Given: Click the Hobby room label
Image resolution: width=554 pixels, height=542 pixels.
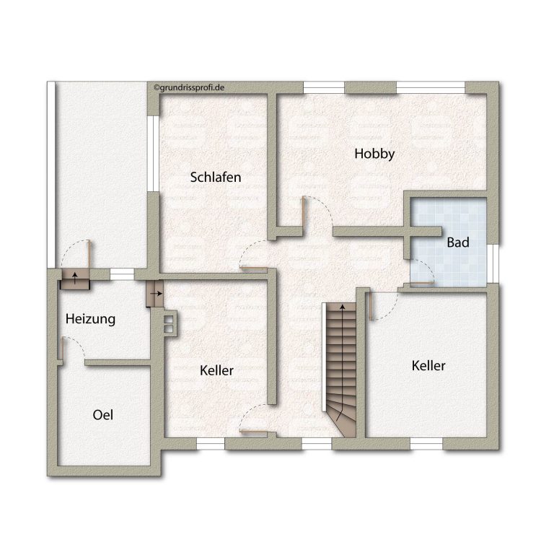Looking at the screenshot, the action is tap(374, 154).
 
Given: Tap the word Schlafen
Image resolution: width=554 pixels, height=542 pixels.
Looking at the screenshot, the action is tap(216, 177).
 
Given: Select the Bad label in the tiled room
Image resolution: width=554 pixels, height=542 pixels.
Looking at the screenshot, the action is tap(458, 242).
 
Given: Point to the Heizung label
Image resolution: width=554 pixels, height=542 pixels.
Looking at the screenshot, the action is tap(90, 319).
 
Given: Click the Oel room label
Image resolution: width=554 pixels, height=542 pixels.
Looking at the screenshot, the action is tap(103, 415).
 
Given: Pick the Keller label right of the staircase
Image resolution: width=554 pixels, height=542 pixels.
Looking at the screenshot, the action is tap(428, 366).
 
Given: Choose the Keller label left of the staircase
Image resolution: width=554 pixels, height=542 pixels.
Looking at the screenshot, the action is tap(216, 370).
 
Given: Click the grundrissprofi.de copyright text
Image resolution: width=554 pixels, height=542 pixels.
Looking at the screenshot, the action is tap(189, 87).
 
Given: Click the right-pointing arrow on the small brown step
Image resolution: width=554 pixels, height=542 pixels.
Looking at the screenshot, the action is tap(156, 294).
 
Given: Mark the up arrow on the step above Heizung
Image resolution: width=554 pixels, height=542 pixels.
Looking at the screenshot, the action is tap(75, 278).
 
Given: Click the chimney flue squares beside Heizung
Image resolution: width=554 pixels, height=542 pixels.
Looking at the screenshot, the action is tap(169, 324).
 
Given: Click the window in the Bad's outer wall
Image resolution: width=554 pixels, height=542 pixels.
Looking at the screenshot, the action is tap(493, 263).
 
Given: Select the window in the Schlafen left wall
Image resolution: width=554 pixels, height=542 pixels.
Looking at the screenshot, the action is tap(154, 154).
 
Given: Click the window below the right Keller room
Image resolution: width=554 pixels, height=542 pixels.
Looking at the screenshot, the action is tap(426, 443).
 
